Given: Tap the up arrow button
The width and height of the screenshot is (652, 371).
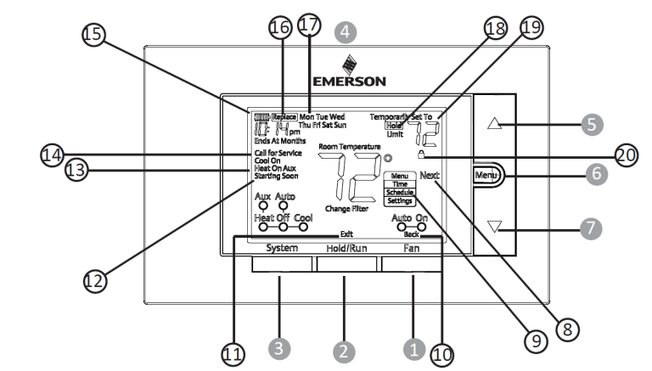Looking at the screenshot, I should click(x=496, y=123).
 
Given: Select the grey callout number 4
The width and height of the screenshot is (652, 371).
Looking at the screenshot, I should click(x=344, y=30).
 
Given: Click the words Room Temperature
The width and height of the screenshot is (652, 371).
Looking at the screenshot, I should click(x=350, y=147).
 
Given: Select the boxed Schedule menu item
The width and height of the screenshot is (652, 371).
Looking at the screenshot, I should click(x=399, y=192).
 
